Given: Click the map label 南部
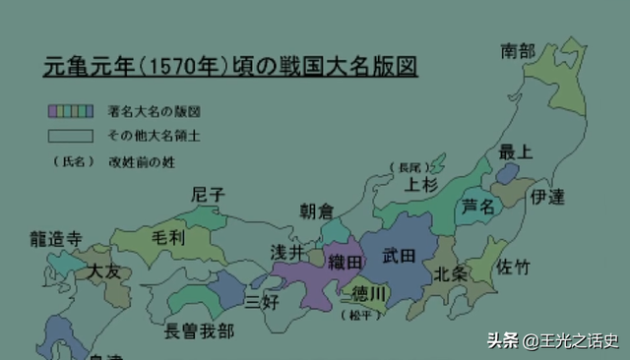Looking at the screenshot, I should click(519, 49).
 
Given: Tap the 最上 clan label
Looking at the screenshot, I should click(515, 151).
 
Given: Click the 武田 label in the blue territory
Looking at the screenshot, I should click(400, 256).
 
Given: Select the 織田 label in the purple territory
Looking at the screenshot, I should click(346, 263).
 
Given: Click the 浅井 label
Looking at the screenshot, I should click(288, 252).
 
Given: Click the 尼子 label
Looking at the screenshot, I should click(209, 195).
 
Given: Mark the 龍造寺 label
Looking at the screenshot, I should click(56, 238).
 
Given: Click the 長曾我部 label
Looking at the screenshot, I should click(200, 330).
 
